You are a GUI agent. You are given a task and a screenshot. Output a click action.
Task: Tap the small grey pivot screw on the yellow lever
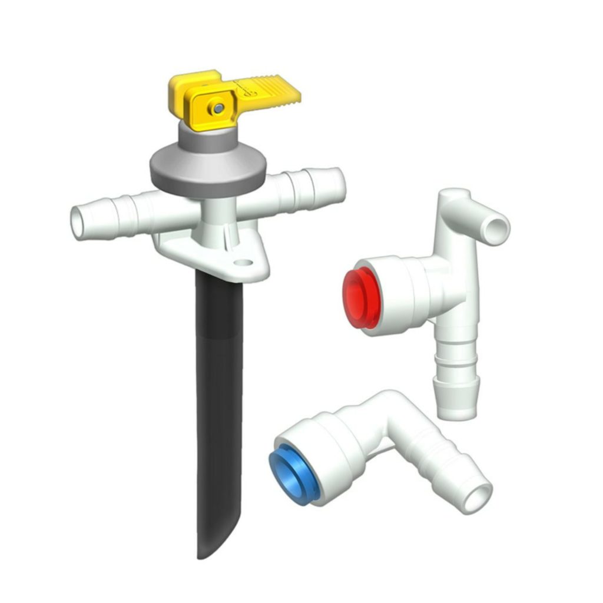pyautogui.click(x=219, y=108)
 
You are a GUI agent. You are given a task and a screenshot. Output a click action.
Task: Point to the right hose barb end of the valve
pyautogui.click(x=334, y=183)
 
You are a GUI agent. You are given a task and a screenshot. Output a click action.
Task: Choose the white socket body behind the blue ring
pyautogui.click(x=336, y=450)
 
